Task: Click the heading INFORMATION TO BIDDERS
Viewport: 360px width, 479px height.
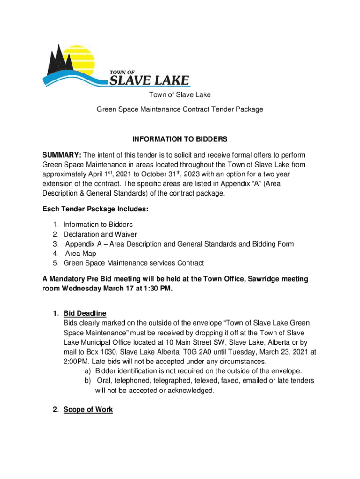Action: [x=180, y=139]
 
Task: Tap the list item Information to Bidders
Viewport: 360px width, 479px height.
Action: [x=98, y=225]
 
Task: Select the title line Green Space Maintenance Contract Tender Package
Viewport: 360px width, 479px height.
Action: [x=180, y=109]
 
